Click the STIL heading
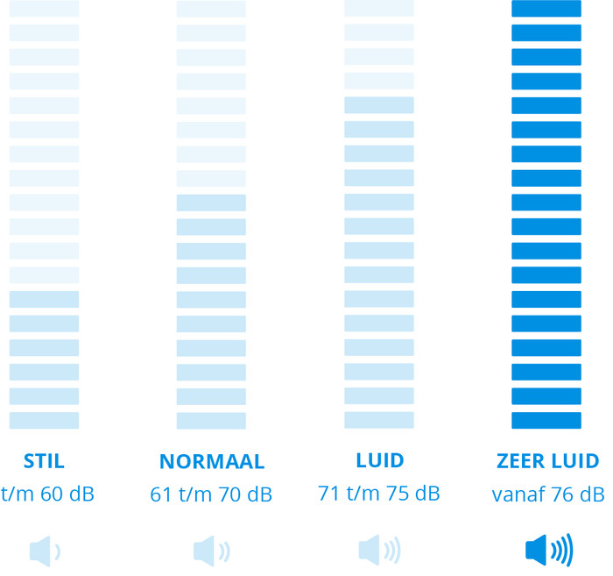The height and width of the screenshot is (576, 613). [x=44, y=461]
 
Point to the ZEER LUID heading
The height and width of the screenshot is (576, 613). [x=548, y=461]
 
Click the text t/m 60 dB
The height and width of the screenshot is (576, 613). [x=47, y=494]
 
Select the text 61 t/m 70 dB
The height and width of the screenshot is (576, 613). [x=211, y=494]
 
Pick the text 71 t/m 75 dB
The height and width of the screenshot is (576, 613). [x=379, y=494]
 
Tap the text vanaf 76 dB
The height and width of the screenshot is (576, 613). [x=548, y=494]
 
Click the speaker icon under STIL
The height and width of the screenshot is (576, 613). [x=45, y=551]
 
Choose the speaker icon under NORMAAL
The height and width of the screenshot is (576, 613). [x=212, y=551]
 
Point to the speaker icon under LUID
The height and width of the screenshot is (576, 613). [x=379, y=551]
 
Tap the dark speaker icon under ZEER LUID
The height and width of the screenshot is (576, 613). [x=549, y=551]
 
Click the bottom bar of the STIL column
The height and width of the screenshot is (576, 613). [x=44, y=420]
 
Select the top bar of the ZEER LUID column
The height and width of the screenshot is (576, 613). [x=546, y=8]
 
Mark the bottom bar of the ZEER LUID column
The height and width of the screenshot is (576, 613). [x=546, y=420]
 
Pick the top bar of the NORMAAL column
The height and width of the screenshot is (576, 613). [x=211, y=9]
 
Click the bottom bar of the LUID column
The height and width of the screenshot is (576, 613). [x=378, y=420]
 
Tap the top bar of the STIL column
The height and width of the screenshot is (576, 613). [x=44, y=8]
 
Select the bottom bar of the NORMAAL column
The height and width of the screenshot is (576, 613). [x=211, y=420]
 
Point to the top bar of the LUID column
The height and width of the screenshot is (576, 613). [x=378, y=8]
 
